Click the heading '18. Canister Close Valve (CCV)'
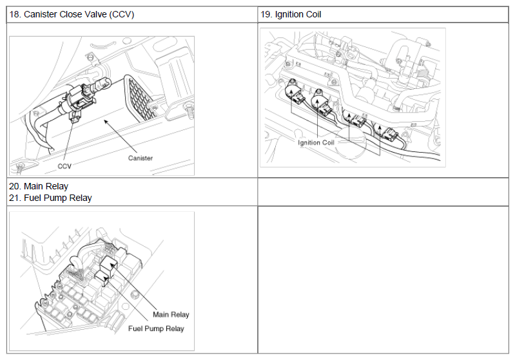pyautogui.click(x=72, y=15)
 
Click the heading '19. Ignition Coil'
pyautogui.click(x=291, y=15)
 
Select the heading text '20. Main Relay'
pyautogui.click(x=39, y=186)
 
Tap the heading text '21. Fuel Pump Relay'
pyautogui.click(x=50, y=198)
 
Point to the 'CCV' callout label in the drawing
pyautogui.click(x=64, y=166)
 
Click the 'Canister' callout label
pyautogui.click(x=141, y=158)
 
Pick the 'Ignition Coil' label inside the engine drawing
pyautogui.click(x=316, y=142)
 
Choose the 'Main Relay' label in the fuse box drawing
pyautogui.click(x=171, y=315)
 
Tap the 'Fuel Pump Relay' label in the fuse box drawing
pyautogui.click(x=156, y=328)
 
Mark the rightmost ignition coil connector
pyautogui.click(x=388, y=132)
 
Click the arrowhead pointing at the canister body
pyautogui.click(x=106, y=122)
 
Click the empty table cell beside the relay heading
pyautogui.click(x=383, y=192)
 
